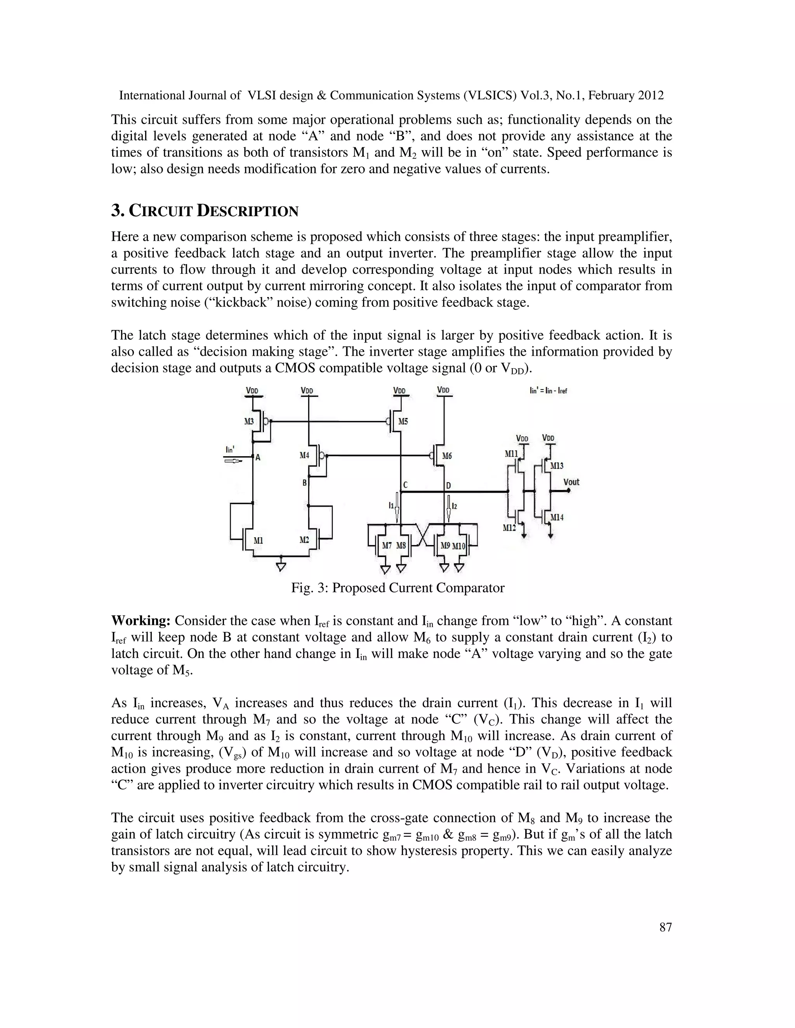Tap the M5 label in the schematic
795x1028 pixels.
[403, 421]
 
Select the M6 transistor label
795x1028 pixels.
[446, 456]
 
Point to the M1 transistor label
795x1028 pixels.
[258, 540]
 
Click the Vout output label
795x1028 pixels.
[571, 482]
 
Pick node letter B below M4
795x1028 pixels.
[304, 483]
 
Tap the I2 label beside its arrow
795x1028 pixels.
[454, 505]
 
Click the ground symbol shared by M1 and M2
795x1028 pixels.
[281, 567]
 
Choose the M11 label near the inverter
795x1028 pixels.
[511, 454]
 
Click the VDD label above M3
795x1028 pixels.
[252, 390]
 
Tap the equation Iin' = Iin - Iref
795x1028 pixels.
[548, 391]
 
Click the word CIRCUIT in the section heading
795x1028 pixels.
[161, 211]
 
